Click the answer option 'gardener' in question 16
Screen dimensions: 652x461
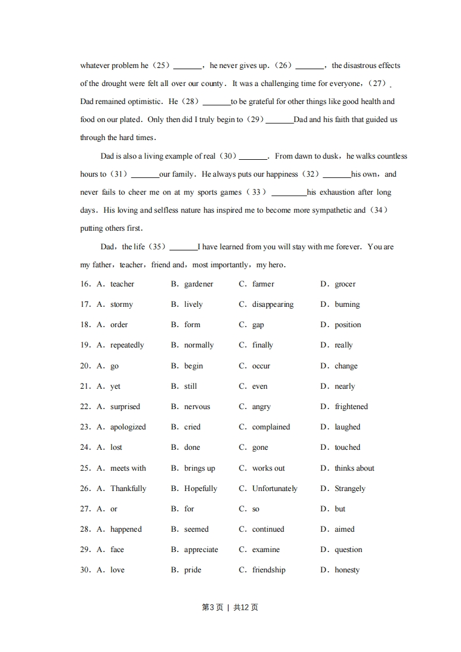point(198,284)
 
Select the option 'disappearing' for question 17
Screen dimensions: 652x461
point(273,304)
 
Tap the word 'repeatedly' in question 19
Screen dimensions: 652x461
point(127,345)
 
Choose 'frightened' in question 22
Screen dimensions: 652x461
point(351,407)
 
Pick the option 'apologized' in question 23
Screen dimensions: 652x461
point(128,427)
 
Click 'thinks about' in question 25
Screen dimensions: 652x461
point(354,468)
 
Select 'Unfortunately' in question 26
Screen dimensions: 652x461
point(274,489)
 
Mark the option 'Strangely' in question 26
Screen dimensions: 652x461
point(350,489)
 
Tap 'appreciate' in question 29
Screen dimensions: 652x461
point(201,550)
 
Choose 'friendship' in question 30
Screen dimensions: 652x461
point(269,570)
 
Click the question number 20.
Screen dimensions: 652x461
point(85,366)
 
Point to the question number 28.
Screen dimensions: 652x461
point(85,529)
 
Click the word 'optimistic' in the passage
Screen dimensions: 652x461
point(144,102)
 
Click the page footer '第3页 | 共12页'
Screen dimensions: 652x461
point(230,607)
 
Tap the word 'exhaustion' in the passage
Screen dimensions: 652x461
point(336,192)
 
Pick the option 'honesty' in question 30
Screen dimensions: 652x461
point(347,570)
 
